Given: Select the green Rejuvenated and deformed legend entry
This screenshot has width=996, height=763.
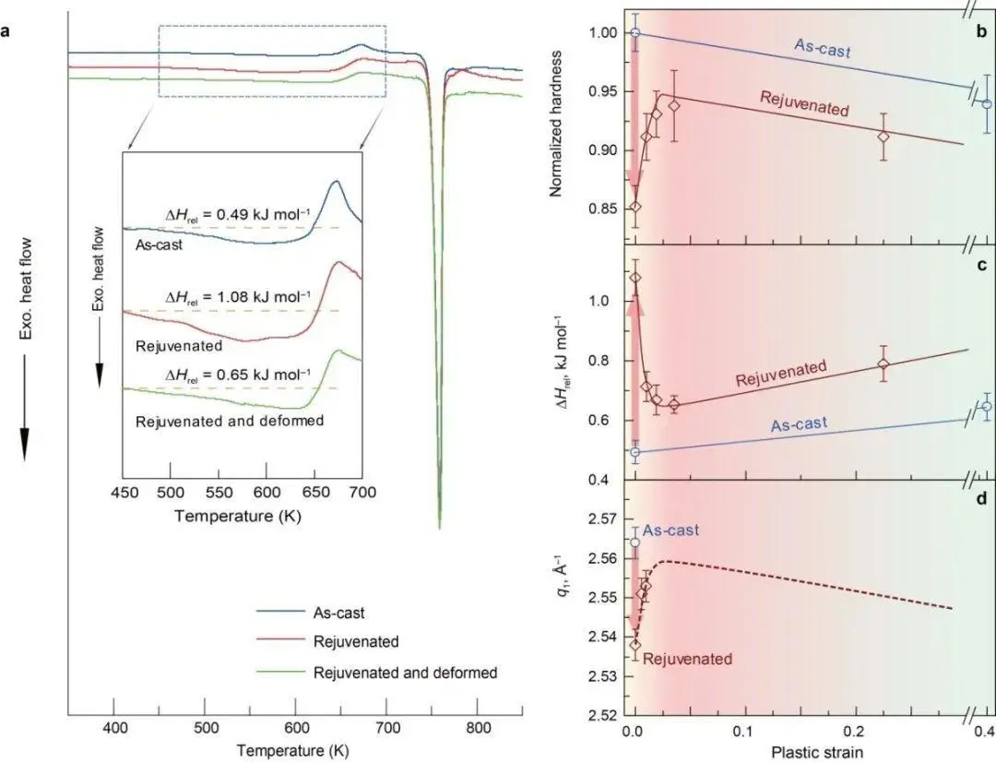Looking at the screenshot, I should point(405,673).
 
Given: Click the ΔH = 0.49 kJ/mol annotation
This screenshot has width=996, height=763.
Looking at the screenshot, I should point(237,215).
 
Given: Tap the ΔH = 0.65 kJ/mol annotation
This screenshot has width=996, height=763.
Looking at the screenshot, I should point(237,376).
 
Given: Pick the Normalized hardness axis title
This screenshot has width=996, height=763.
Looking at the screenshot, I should point(557,126).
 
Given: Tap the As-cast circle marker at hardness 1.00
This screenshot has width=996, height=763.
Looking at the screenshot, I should point(634,33).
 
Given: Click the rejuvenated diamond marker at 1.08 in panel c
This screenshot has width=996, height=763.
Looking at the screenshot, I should point(634,278).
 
